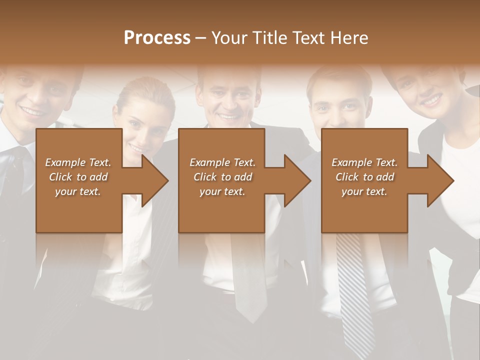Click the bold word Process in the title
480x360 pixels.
(157, 38)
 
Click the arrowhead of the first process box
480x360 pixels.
(155, 180)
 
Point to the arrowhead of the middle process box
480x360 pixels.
(297, 180)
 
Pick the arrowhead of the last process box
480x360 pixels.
(440, 180)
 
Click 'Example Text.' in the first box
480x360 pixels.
(78, 162)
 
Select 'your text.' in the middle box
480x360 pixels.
(222, 191)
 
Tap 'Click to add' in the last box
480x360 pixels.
(364, 177)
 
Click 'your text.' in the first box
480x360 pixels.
(78, 191)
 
